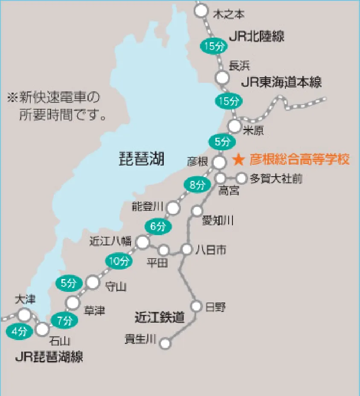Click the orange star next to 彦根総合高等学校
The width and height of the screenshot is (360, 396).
(239, 160)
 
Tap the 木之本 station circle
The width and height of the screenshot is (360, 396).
(201, 12)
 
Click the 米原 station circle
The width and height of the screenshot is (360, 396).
(235, 126)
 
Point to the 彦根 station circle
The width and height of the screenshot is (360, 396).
(219, 162)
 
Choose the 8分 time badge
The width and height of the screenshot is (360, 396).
(197, 185)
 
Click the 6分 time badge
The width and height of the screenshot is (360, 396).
(158, 227)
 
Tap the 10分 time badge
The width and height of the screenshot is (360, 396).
(118, 261)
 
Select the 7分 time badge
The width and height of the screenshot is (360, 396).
(64, 320)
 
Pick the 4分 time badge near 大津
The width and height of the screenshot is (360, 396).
(19, 331)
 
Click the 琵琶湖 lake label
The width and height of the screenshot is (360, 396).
(141, 160)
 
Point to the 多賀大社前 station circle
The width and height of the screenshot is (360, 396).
(241, 178)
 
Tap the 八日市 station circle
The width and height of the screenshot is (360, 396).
(187, 249)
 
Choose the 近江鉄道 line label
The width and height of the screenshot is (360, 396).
(160, 317)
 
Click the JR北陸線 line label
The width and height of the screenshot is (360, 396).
(256, 36)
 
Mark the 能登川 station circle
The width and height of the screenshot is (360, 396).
(173, 208)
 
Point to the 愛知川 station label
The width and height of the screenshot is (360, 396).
(218, 221)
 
